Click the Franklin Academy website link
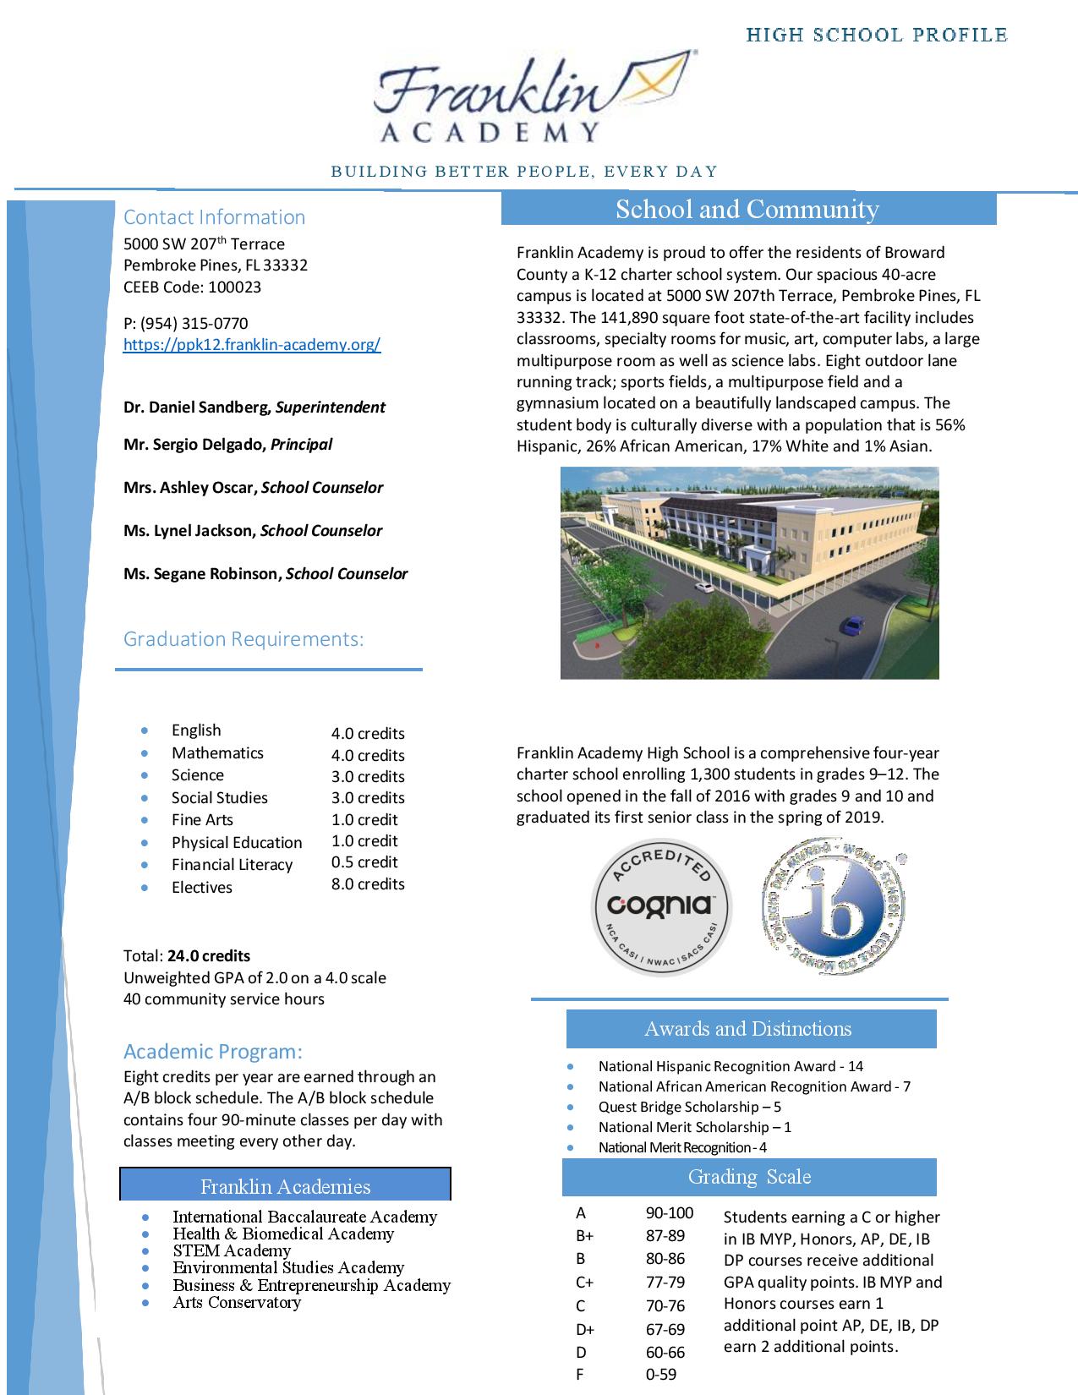(252, 345)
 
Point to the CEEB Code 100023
(192, 287)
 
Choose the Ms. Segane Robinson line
(265, 574)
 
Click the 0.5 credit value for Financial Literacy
(364, 862)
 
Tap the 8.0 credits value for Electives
(368, 884)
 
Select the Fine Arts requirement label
(202, 820)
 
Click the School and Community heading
(747, 210)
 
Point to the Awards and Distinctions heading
(748, 1029)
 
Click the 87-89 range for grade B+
(665, 1235)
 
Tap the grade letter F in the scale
(580, 1375)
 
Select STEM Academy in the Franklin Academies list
(232, 1250)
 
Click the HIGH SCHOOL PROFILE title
(877, 36)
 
